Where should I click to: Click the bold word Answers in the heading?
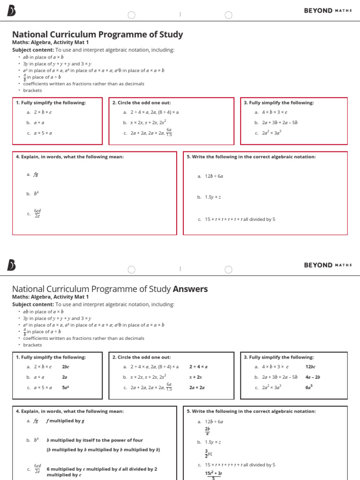coord(190,289)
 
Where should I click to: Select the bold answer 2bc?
coord(66,367)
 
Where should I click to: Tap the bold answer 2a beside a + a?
coord(65,377)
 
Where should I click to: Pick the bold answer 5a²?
coord(66,388)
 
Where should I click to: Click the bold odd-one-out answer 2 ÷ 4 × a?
coord(198,367)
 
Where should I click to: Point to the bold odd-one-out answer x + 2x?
coord(195,377)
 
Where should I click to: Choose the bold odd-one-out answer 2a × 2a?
coord(197,388)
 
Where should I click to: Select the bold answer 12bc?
coord(310,367)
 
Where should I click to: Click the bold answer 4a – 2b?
coord(312,377)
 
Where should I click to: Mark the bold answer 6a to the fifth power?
coord(309,387)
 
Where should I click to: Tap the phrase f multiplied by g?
coord(65,421)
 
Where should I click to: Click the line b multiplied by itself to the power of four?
coord(95,440)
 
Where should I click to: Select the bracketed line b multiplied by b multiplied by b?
coord(103,450)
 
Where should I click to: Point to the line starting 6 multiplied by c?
coord(102,469)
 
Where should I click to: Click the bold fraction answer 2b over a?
coord(207,431)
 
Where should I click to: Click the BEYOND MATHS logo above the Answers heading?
coord(328,265)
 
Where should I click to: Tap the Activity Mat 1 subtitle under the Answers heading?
coord(50,297)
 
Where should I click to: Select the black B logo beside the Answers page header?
coord(12,265)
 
